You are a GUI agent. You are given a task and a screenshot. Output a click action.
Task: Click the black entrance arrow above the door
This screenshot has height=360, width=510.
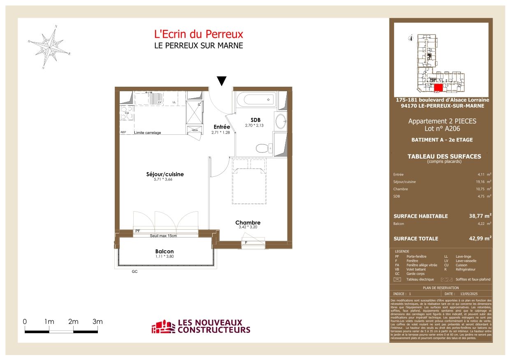tap(222, 81)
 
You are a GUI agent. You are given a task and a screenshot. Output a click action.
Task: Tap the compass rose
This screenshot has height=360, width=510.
tap(49, 47)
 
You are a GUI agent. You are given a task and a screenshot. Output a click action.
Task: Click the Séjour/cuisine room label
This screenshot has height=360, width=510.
tap(165, 174)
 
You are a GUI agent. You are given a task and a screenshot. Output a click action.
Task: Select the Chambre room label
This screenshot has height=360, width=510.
tap(248, 223)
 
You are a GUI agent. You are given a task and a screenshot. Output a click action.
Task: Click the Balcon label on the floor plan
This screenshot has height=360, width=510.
tap(164, 252)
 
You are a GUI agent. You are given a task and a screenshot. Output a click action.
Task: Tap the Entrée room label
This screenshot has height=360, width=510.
tap(221, 127)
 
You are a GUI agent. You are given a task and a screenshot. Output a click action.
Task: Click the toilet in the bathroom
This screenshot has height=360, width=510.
tap(260, 148)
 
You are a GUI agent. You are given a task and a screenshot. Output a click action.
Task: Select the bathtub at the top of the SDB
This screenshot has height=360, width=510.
tap(256, 99)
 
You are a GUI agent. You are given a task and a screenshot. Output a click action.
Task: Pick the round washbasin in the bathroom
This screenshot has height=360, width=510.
tap(281, 122)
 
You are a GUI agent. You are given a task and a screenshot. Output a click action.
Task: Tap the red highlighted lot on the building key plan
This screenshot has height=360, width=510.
tap(438, 87)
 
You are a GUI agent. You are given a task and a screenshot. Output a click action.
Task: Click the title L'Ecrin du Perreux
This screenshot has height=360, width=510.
tap(198, 34)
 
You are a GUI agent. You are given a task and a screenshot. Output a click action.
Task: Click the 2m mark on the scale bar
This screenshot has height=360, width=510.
tap(73, 322)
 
